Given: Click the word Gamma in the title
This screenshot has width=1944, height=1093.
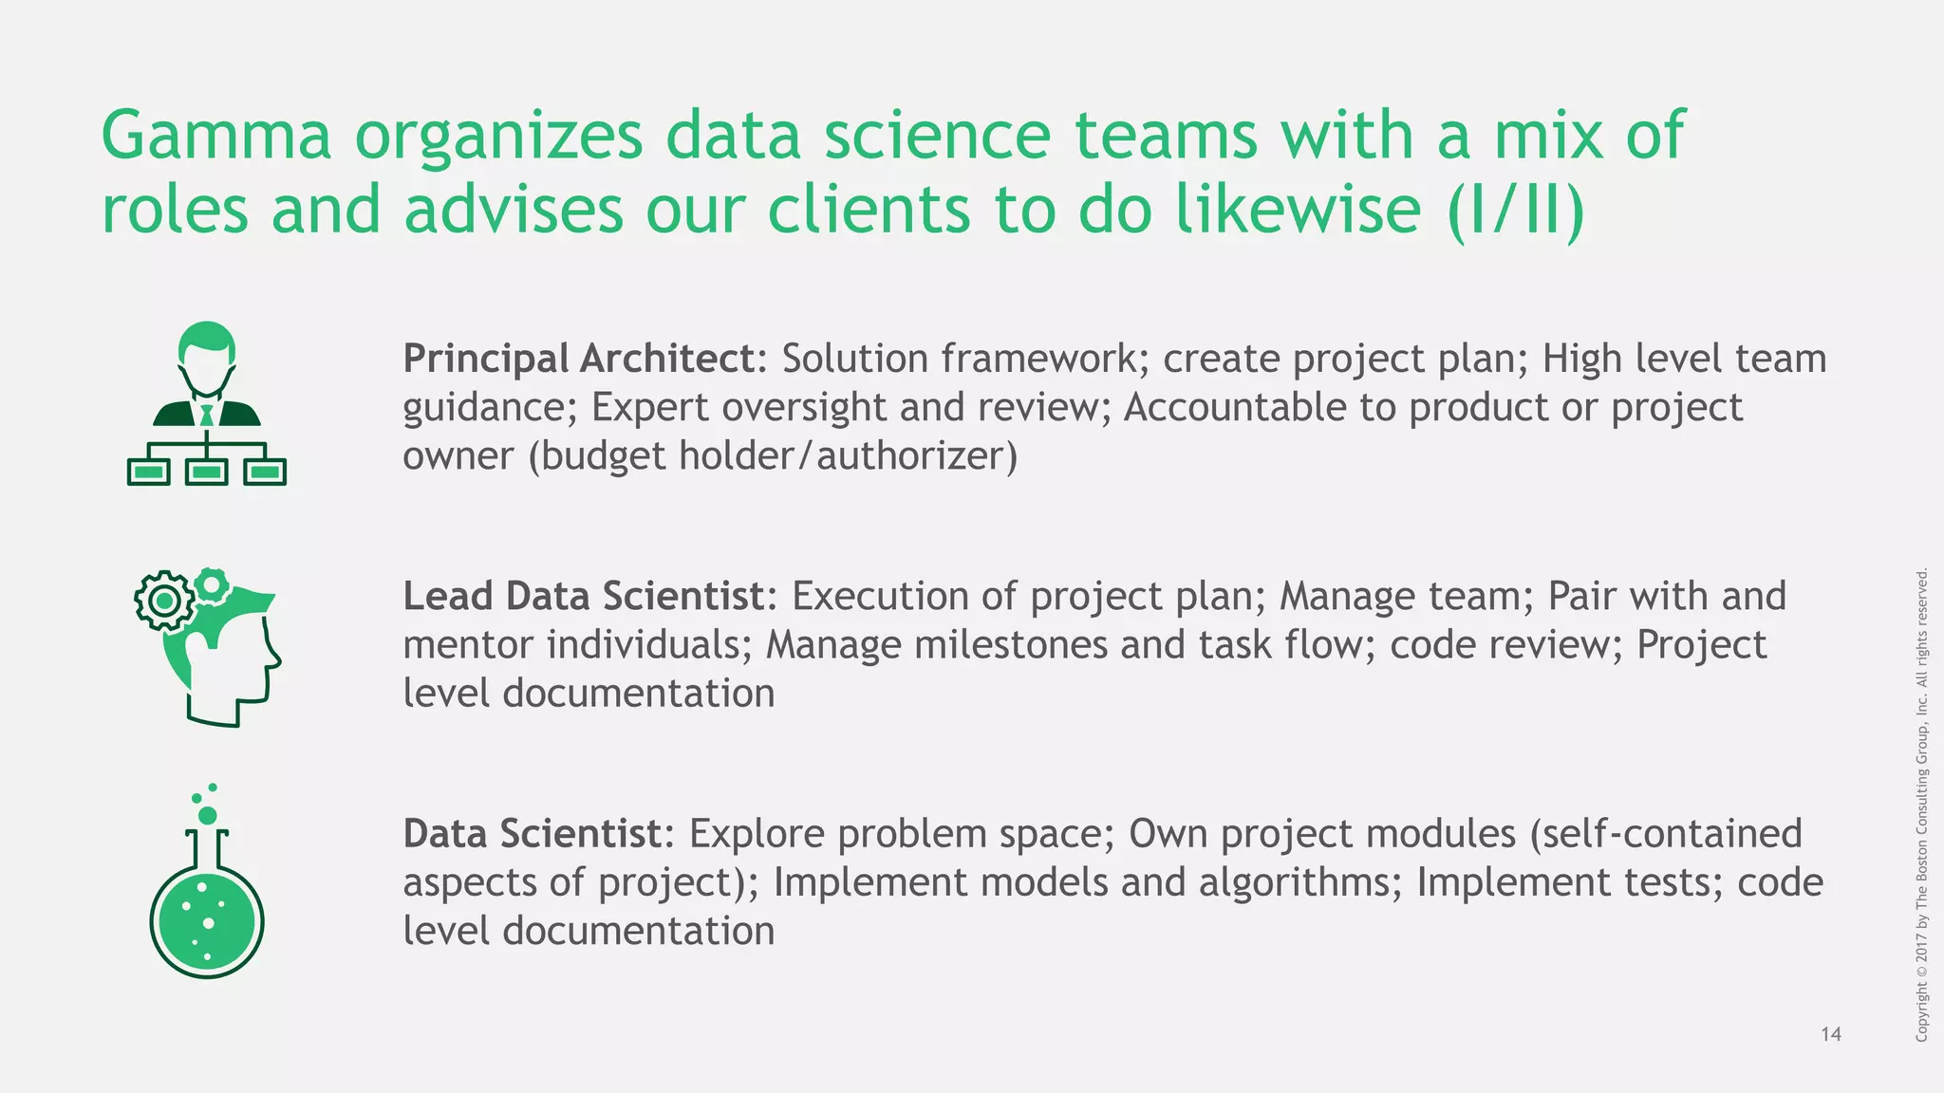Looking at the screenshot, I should point(216,136).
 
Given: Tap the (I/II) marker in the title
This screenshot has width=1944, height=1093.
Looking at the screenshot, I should point(1516,210).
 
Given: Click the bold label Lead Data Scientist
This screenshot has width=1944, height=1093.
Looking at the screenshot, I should point(583,597).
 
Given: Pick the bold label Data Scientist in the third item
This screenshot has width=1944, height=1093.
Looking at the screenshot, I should point(533,834).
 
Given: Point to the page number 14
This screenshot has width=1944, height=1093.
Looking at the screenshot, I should point(1831,1034).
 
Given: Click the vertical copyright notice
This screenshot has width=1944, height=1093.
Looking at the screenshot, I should point(1921,805).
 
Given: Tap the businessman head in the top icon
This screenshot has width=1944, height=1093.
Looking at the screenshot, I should point(207,356).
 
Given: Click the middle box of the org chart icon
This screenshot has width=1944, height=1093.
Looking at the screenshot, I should point(207,472).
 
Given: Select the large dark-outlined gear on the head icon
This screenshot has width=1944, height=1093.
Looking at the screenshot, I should point(164,601).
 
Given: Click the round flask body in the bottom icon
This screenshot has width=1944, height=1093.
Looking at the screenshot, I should point(207,920).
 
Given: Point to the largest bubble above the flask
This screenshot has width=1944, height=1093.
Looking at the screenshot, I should point(207,816).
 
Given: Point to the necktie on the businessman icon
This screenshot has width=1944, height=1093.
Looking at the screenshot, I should point(207,415).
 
